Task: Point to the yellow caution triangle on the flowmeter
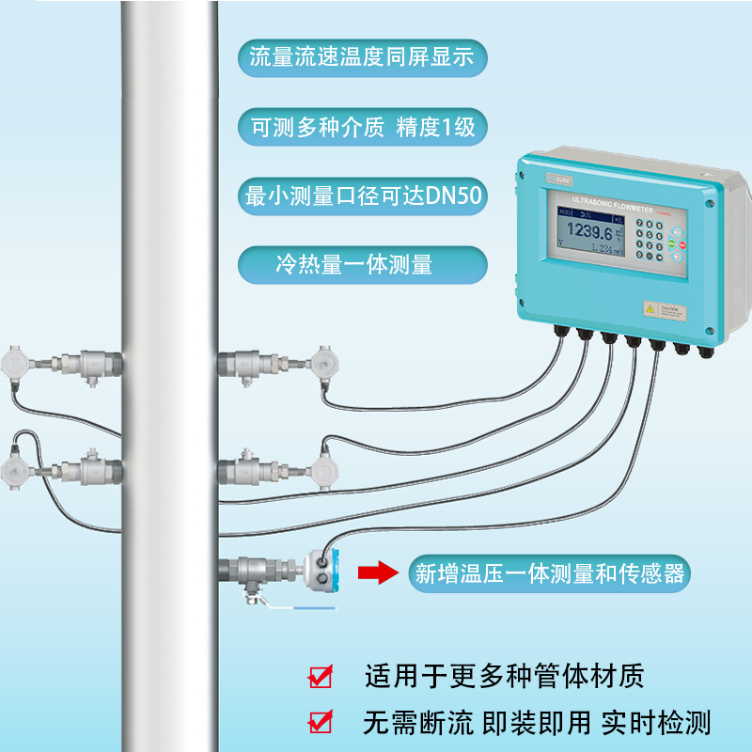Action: pos(648,308)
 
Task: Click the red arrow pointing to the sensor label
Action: pos(377,572)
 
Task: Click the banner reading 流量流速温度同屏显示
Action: pos(363,58)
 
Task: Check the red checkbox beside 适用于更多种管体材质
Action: pos(321,676)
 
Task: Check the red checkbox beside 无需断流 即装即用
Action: pos(321,722)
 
